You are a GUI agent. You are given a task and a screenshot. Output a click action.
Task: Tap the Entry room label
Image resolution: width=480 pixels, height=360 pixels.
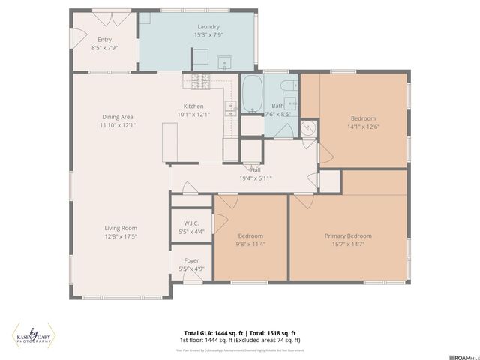coord(104,39)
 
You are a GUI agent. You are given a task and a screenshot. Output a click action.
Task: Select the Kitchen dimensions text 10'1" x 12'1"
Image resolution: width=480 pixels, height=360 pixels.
coord(193,115)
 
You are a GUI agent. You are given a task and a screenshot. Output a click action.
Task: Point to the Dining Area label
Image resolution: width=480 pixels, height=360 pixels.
coord(118,116)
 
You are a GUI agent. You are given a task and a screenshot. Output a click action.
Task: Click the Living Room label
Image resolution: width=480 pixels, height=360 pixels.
coord(120,228)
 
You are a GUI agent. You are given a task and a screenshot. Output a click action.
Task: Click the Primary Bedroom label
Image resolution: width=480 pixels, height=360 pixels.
coord(348,235)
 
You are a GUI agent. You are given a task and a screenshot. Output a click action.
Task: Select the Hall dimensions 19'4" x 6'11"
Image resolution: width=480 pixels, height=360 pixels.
coord(256,178)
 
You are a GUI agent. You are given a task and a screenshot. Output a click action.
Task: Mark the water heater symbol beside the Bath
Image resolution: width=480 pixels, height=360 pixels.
coord(308,128)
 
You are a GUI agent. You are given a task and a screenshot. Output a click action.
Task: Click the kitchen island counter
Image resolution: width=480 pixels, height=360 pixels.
coord(169,142)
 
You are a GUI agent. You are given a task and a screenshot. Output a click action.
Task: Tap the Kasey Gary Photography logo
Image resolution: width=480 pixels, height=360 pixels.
coord(32,335)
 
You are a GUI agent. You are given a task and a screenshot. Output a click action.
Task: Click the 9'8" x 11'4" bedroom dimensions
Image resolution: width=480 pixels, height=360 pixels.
coord(251,244)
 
